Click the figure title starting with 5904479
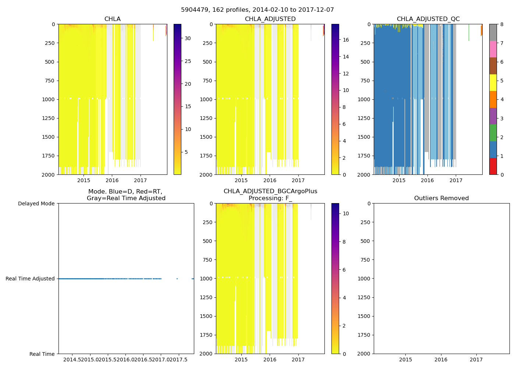click(x=257, y=10)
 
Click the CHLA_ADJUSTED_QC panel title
click(x=428, y=19)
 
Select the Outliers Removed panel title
click(x=441, y=198)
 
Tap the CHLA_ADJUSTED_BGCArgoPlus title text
click(x=270, y=191)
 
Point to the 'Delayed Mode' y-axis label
click(x=36, y=204)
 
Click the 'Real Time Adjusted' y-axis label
click(x=30, y=279)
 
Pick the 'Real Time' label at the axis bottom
click(x=42, y=354)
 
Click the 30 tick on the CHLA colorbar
click(x=188, y=38)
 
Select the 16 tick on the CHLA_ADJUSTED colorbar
click(x=346, y=40)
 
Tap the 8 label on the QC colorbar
click(x=502, y=24)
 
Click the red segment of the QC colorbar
click(x=493, y=166)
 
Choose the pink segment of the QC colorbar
click(x=493, y=49)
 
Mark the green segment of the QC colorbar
click(x=493, y=133)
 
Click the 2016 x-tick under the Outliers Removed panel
click(x=441, y=360)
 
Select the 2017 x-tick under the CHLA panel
click(x=141, y=180)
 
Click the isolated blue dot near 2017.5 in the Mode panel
click(x=177, y=279)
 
